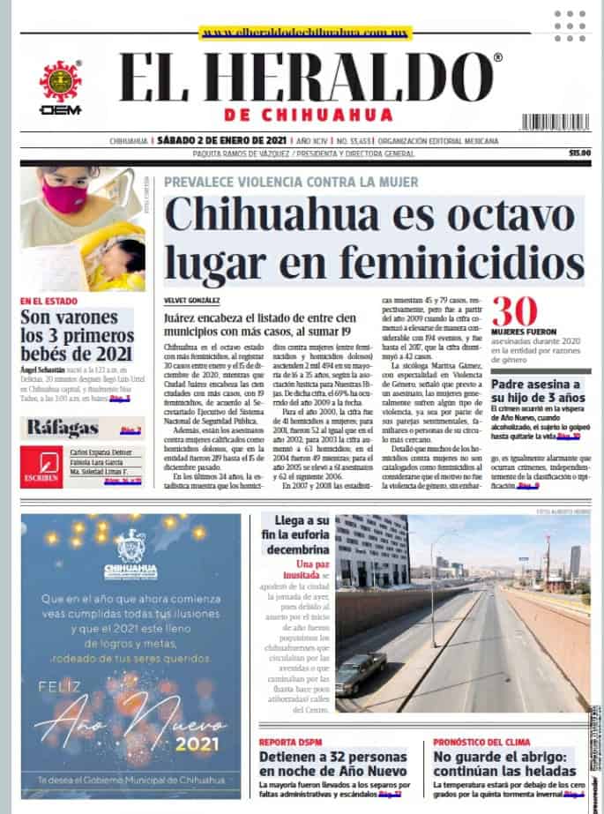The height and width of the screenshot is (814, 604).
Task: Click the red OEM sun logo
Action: point(60,81)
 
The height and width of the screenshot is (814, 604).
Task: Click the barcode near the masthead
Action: point(555,121)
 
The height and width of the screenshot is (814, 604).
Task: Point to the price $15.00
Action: point(579,153)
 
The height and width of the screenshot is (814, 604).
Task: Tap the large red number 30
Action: point(514,312)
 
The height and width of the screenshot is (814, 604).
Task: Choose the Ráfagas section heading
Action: point(62,429)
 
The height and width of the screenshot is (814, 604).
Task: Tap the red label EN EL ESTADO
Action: point(49,301)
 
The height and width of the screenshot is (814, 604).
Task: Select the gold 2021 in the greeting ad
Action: point(196,744)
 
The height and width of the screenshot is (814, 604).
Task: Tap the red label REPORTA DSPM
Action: point(290,742)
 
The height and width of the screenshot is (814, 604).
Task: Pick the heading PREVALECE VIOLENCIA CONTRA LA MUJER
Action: point(291,182)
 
